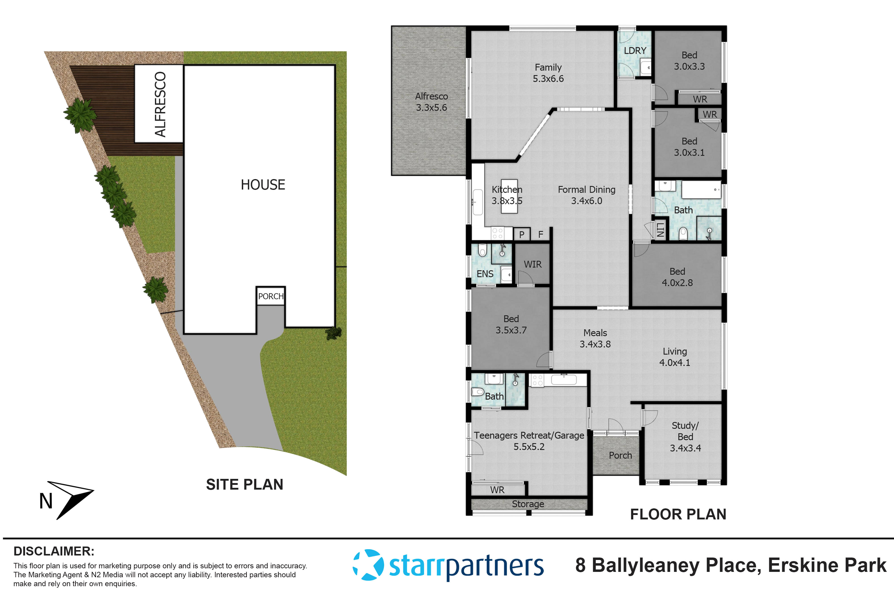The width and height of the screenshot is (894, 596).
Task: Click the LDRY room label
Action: click(x=635, y=51)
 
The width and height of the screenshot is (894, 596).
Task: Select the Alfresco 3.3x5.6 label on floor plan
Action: click(x=431, y=102)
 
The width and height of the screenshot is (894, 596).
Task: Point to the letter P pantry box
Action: click(x=522, y=235)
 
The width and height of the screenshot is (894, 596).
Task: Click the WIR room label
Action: click(x=533, y=264)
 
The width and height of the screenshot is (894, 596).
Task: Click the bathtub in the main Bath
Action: click(x=701, y=190)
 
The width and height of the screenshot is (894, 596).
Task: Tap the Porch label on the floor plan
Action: click(x=620, y=455)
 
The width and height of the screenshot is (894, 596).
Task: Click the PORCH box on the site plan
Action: click(x=271, y=296)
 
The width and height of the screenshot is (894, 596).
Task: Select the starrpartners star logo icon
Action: click(x=368, y=565)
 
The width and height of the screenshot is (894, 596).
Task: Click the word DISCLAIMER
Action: click(x=54, y=551)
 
